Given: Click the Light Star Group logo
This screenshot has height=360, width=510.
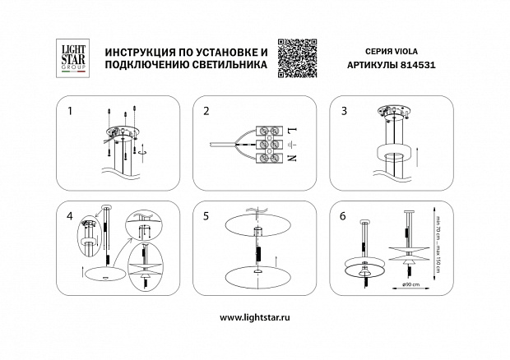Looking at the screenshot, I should coord(67,58).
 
